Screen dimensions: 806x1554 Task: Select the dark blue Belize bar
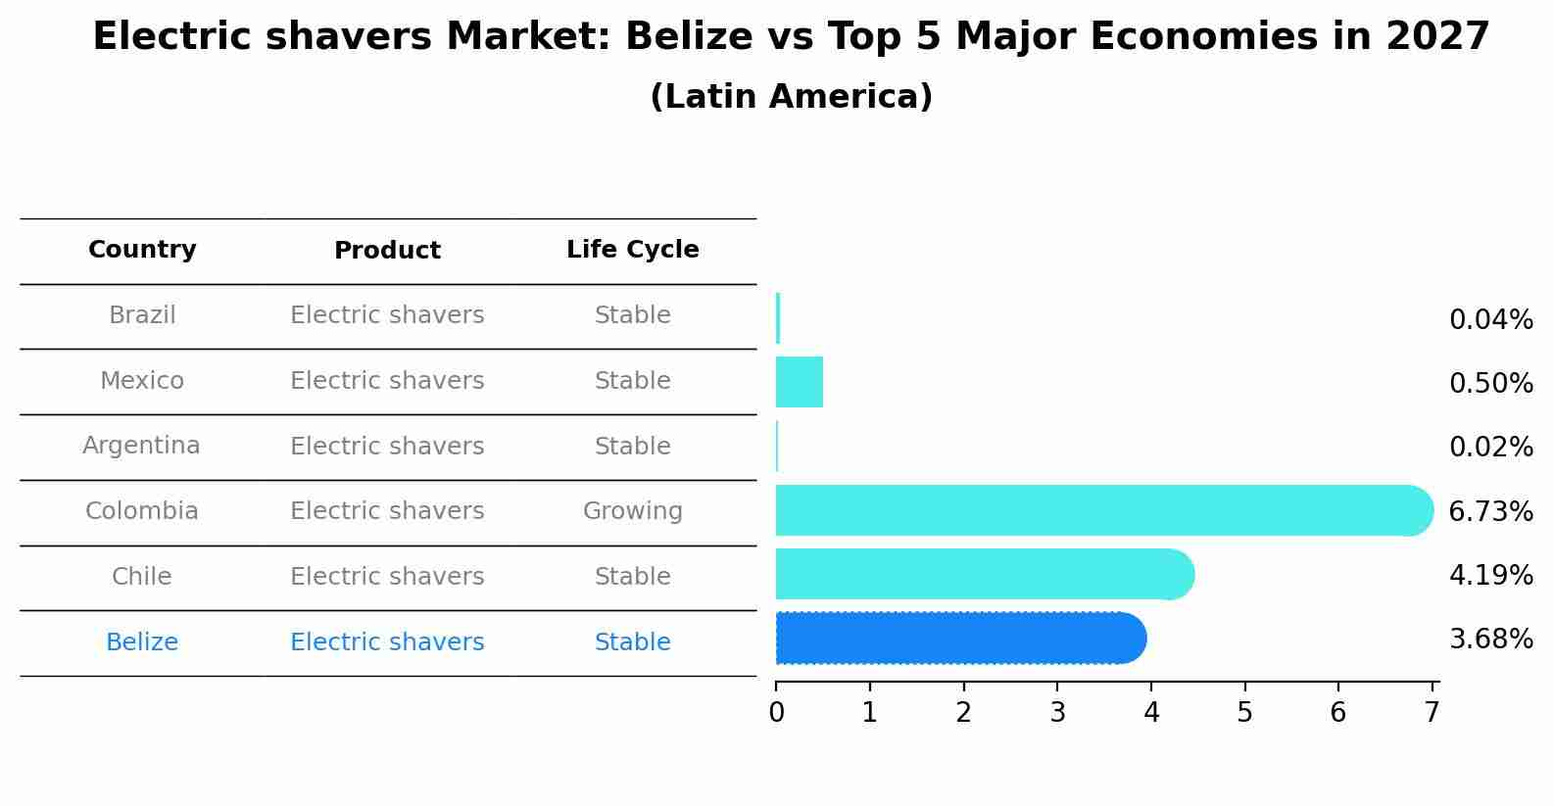(x=960, y=639)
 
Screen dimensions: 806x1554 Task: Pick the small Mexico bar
(x=800, y=382)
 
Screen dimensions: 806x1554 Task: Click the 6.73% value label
(x=1490, y=511)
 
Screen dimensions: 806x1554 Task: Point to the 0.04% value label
(x=1490, y=320)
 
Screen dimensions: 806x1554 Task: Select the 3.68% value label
(x=1490, y=640)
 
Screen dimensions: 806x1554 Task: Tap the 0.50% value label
(x=1490, y=384)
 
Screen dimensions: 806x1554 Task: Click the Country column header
(x=142, y=250)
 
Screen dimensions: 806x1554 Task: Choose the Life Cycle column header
(x=632, y=250)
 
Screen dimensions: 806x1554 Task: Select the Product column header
(x=387, y=251)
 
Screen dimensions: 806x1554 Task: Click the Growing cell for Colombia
(x=632, y=511)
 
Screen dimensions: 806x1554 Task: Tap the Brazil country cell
(x=142, y=315)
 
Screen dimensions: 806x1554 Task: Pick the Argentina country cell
(x=141, y=447)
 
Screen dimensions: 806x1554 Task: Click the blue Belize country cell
(x=142, y=642)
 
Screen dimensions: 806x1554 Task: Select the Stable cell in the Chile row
(x=632, y=577)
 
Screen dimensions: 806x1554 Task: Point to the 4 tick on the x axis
(x=1151, y=713)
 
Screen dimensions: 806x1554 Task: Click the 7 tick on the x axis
(x=1432, y=713)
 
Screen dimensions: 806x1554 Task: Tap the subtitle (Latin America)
(x=791, y=97)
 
